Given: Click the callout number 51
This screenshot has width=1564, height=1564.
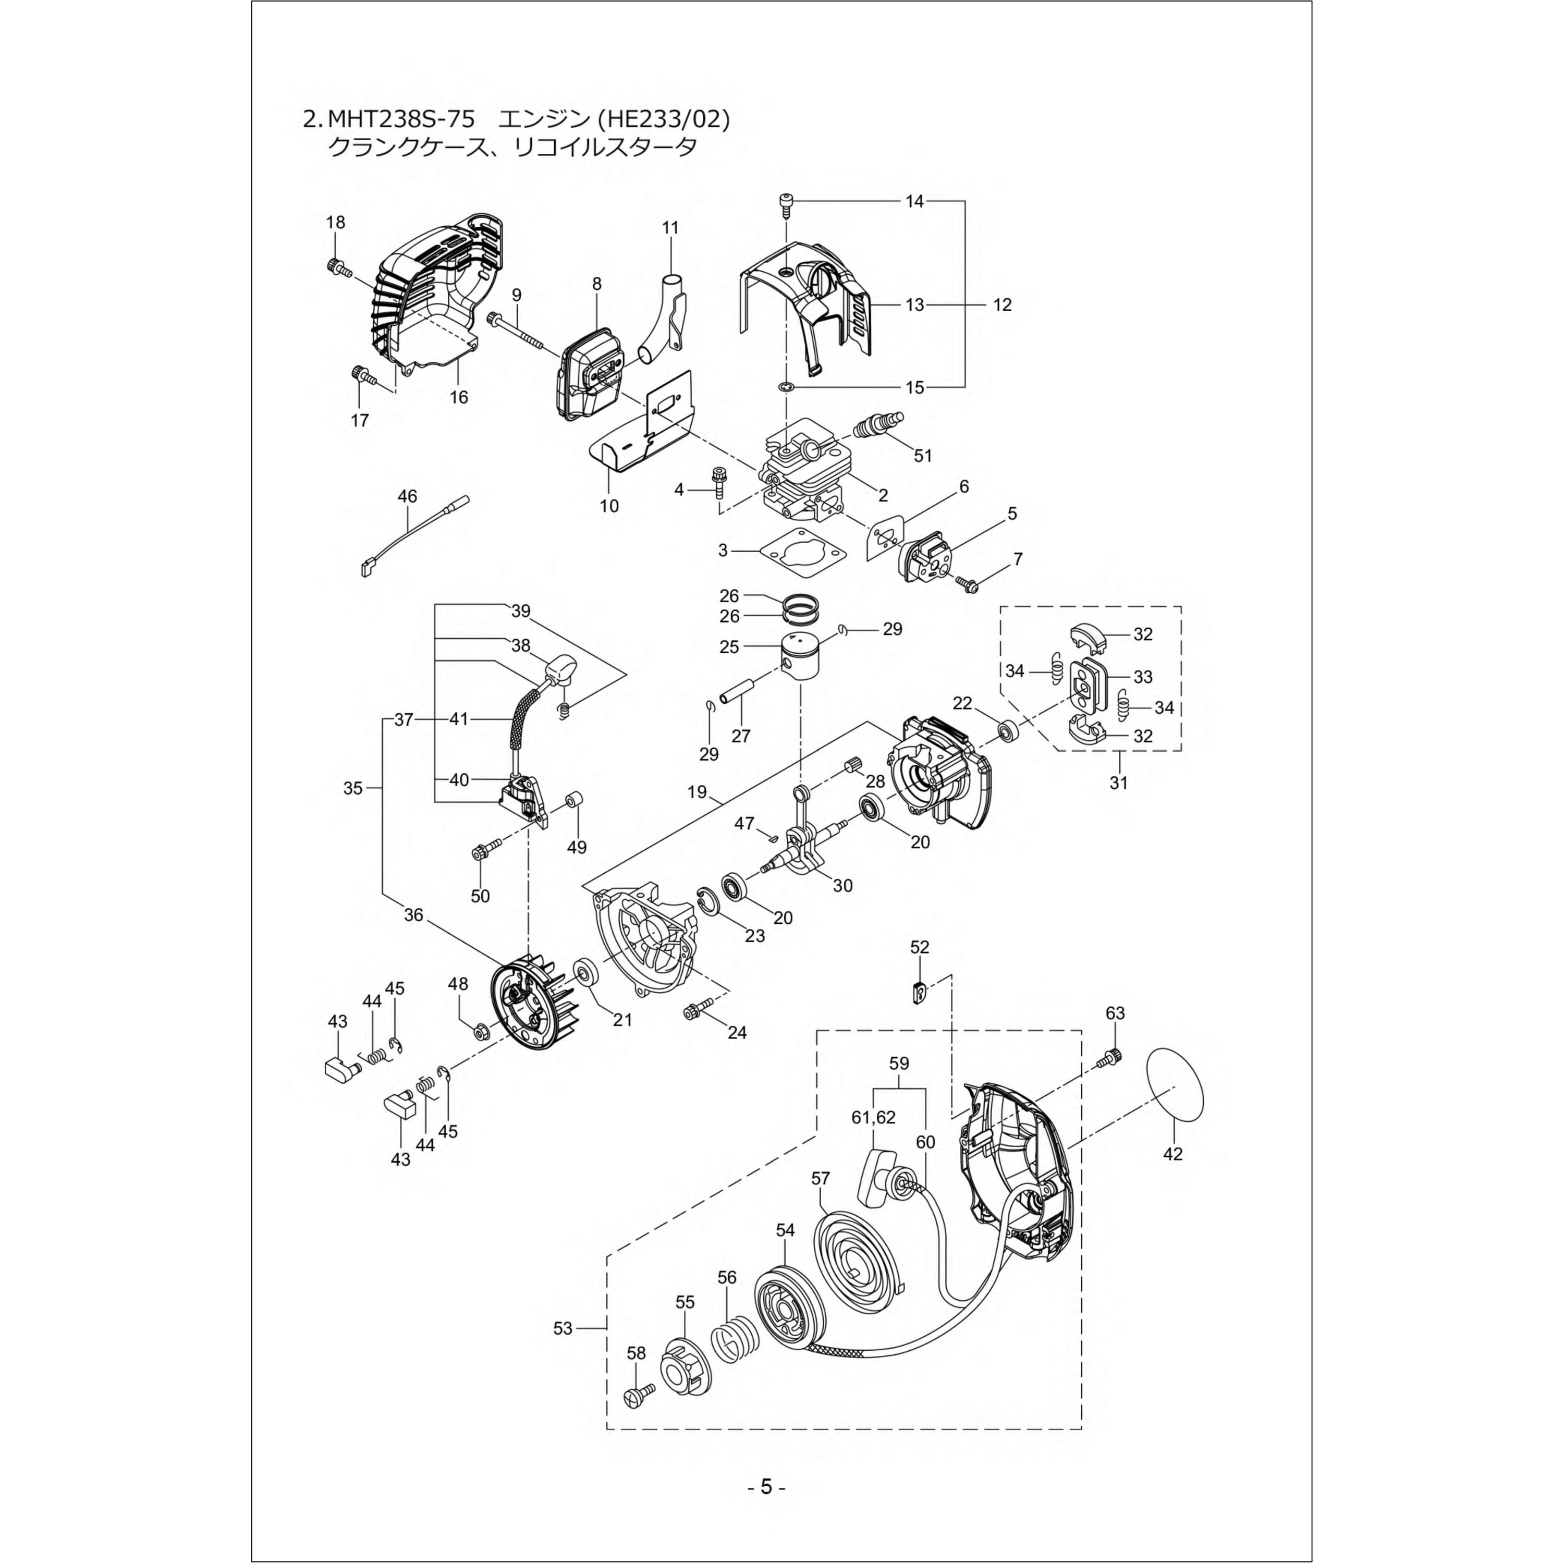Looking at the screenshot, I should pyautogui.click(x=923, y=456).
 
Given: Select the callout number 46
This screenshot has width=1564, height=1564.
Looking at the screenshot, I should pyautogui.click(x=407, y=495).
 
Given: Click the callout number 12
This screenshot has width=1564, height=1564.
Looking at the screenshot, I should pyautogui.click(x=1002, y=305).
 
